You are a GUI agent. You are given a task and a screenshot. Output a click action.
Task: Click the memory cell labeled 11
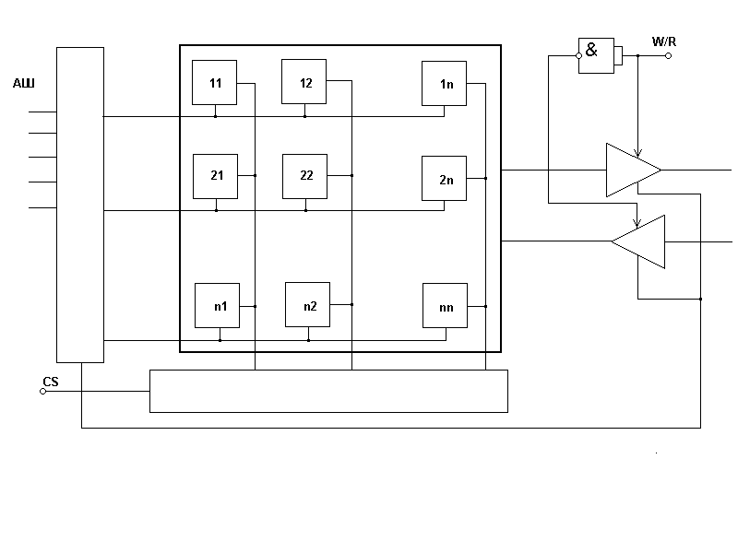215,83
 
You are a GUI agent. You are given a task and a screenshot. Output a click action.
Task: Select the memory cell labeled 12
305,83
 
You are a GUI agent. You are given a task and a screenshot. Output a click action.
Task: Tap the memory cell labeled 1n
445,84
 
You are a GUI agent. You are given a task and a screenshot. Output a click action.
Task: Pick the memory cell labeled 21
215,175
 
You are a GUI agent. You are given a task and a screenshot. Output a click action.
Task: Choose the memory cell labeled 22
305,175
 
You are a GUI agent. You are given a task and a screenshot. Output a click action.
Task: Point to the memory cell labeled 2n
445,179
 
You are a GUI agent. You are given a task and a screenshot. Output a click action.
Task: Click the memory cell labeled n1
218,306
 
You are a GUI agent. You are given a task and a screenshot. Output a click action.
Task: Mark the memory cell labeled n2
308,306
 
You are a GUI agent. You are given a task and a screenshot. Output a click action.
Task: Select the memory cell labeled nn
445,306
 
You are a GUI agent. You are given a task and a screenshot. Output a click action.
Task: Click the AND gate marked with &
596,52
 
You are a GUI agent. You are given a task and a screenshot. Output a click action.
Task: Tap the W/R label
664,41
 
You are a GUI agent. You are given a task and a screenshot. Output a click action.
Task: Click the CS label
50,382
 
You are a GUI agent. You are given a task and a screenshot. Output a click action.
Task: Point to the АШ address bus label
23,84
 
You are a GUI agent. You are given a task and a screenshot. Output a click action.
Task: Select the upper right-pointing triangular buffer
631,170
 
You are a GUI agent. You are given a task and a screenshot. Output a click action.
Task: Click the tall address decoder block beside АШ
80,205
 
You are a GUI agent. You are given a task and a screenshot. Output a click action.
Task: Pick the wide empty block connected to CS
328,391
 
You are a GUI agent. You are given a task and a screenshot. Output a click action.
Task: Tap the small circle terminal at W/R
669,55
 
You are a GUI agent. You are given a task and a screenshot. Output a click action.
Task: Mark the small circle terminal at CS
42,392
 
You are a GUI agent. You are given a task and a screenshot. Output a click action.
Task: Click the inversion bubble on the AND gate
578,56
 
